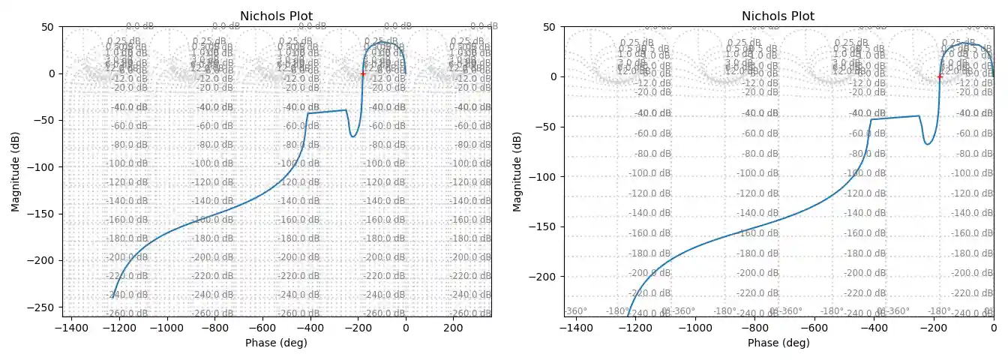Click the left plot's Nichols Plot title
(276, 16)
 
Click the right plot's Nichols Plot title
(778, 16)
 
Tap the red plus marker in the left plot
(363, 73)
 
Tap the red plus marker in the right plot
(940, 76)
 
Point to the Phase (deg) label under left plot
(276, 343)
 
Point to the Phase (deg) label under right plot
(778, 343)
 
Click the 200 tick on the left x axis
(453, 328)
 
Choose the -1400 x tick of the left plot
(73, 328)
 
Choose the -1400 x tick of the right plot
(574, 328)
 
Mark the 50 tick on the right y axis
(549, 27)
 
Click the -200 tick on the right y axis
(544, 277)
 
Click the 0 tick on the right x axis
(994, 328)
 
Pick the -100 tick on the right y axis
(544, 177)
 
